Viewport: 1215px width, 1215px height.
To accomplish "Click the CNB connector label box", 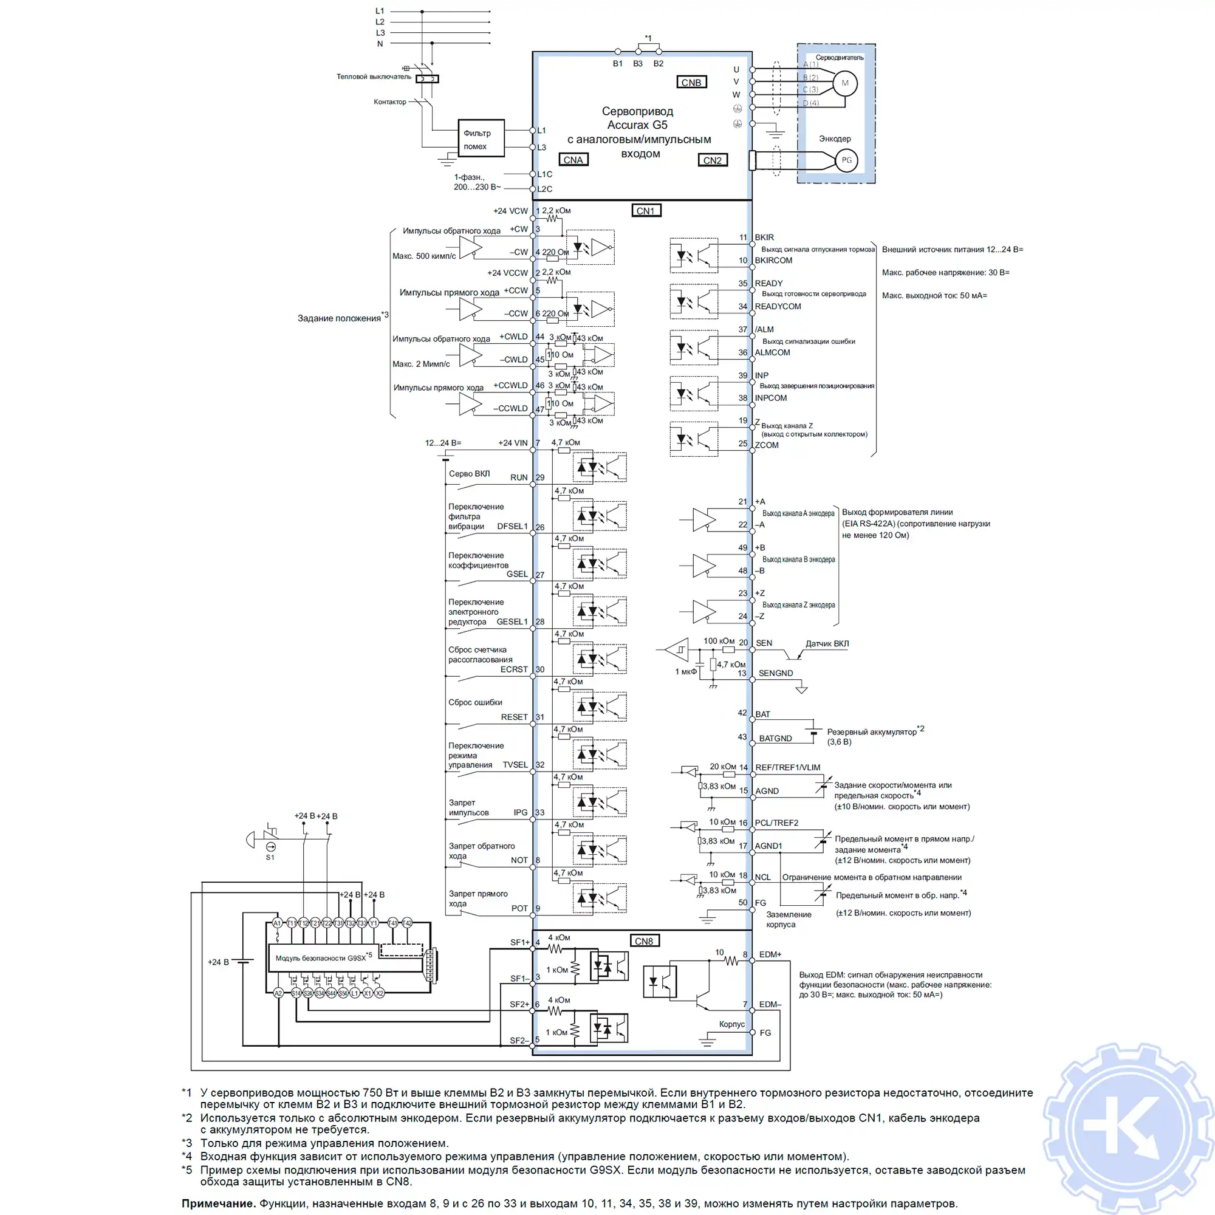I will (691, 83).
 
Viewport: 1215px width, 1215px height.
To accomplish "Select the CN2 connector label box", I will (713, 160).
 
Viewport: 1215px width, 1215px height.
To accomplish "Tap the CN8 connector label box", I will (644, 941).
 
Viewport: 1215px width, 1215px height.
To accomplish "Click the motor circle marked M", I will (844, 83).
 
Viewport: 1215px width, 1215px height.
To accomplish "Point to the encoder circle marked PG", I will (846, 160).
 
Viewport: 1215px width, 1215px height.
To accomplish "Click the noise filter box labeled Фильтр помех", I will (481, 139).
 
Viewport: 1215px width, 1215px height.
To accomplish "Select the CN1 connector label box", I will (646, 211).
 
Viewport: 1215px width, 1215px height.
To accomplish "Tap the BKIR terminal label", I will (764, 237).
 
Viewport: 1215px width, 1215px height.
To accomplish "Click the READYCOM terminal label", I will (778, 306).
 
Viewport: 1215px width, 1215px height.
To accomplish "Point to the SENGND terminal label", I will (775, 673).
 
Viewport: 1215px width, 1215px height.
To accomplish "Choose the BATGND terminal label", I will (775, 738).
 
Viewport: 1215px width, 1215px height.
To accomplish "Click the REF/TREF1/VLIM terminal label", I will (787, 767).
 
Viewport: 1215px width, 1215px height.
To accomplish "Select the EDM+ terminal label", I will (770, 954).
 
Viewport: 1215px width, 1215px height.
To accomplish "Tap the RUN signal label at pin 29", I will (519, 477).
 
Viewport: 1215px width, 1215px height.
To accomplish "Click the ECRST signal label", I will (514, 669).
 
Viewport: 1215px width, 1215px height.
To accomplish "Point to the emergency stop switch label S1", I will (270, 857).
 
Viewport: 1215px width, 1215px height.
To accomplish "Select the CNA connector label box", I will (573, 160).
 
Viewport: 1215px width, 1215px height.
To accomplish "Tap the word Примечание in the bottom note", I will (218, 1203).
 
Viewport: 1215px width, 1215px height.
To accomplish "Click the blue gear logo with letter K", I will (1128, 1129).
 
